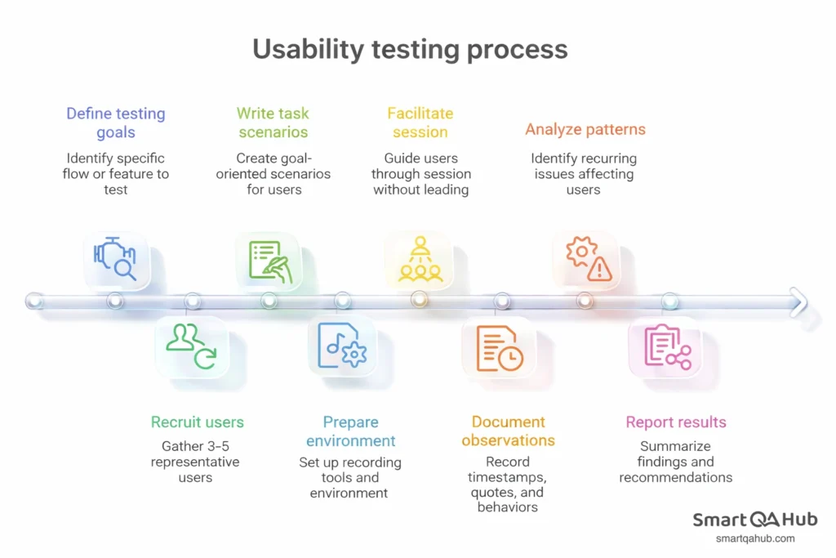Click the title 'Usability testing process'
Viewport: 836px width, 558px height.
click(410, 49)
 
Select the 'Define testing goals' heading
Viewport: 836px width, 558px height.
click(116, 123)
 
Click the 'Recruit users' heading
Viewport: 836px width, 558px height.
click(197, 422)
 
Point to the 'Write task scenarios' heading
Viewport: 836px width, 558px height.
click(273, 123)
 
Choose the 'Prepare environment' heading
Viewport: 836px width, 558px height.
click(350, 431)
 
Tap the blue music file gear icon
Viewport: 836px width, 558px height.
click(342, 346)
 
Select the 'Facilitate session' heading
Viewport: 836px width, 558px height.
click(420, 123)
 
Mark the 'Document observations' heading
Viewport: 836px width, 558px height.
click(508, 431)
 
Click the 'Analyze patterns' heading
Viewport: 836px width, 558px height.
click(585, 129)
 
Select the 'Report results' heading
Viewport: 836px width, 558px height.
click(676, 422)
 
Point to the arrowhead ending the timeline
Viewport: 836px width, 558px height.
click(798, 301)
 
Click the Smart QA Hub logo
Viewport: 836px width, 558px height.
click(754, 520)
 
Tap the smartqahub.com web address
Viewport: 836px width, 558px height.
click(754, 538)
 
